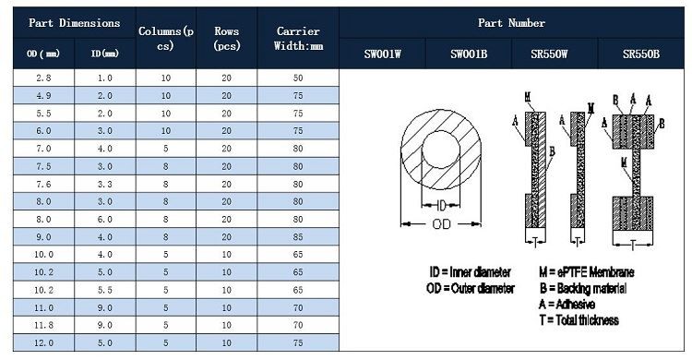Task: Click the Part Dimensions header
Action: point(74,23)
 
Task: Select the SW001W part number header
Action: point(382,54)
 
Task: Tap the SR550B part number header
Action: point(641,54)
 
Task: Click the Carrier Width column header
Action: point(298,39)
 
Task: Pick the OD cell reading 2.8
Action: point(43,78)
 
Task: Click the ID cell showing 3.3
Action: point(105,184)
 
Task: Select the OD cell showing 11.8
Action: point(43,325)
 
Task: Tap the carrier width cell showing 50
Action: point(298,78)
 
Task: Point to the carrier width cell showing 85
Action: point(298,236)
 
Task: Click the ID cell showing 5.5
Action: point(105,290)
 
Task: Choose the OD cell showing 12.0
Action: point(43,342)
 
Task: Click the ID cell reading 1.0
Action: point(105,78)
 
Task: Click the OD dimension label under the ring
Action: point(441,224)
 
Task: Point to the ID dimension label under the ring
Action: point(442,206)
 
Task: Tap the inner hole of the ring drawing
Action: point(441,149)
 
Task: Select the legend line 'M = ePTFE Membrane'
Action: point(586,271)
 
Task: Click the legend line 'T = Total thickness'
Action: point(579,319)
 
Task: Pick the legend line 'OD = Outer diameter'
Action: point(471,288)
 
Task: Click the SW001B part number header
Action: point(469,54)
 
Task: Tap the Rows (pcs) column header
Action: point(227,39)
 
